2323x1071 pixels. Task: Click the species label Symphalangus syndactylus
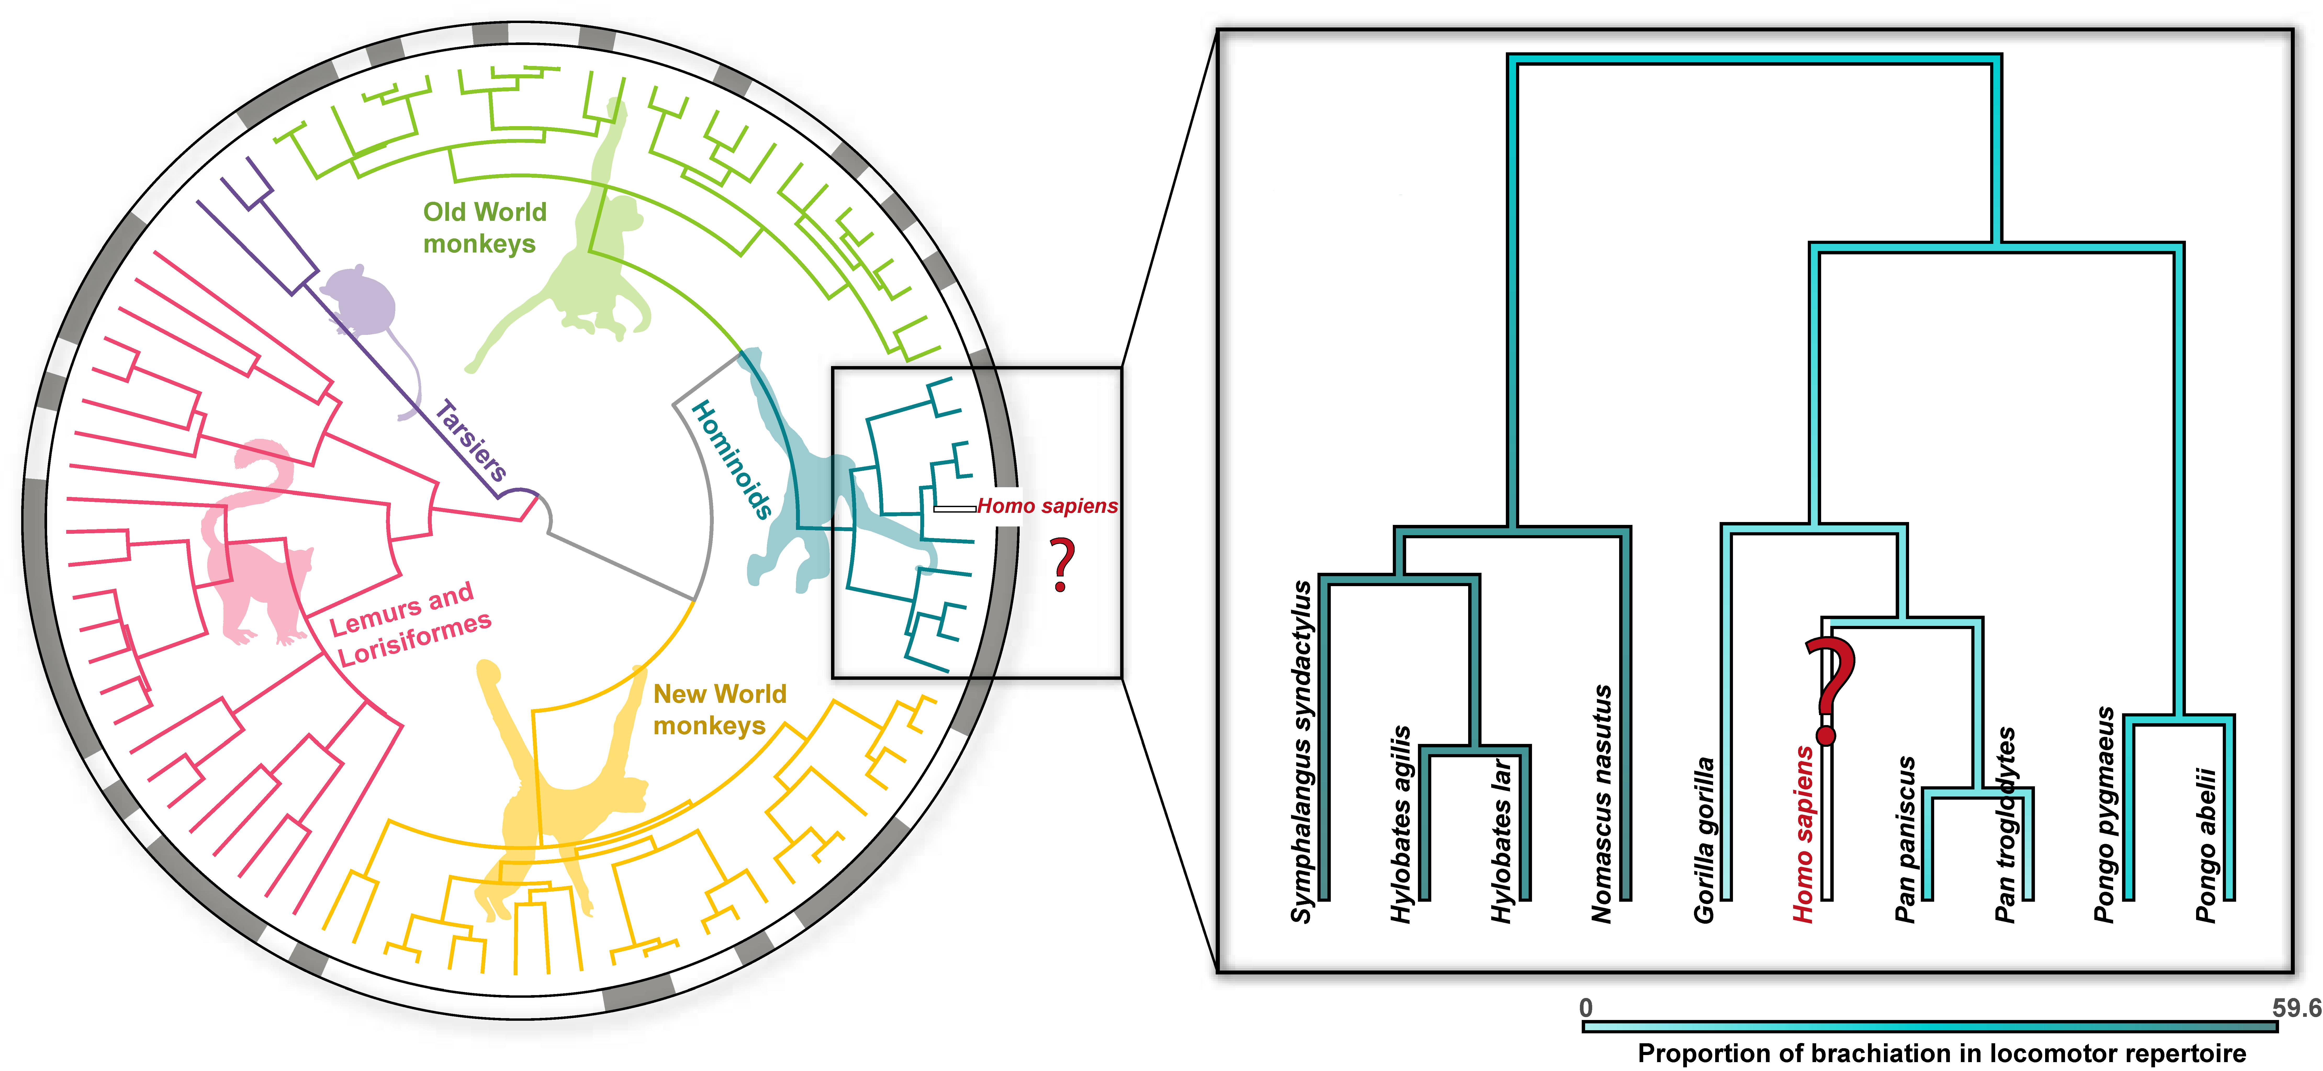(1301, 752)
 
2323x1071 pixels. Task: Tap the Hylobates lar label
(1501, 840)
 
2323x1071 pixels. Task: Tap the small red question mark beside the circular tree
(1064, 564)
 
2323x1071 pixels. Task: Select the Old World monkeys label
(484, 227)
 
